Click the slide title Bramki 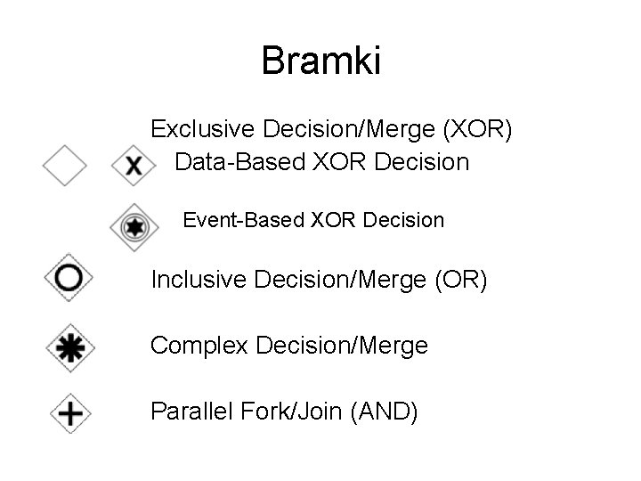[x=320, y=61]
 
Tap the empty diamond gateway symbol [x=65, y=166]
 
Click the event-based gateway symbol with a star [x=134, y=228]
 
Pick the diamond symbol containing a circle [x=68, y=278]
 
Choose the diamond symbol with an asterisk [x=69, y=346]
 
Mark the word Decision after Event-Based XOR [x=406, y=219]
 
